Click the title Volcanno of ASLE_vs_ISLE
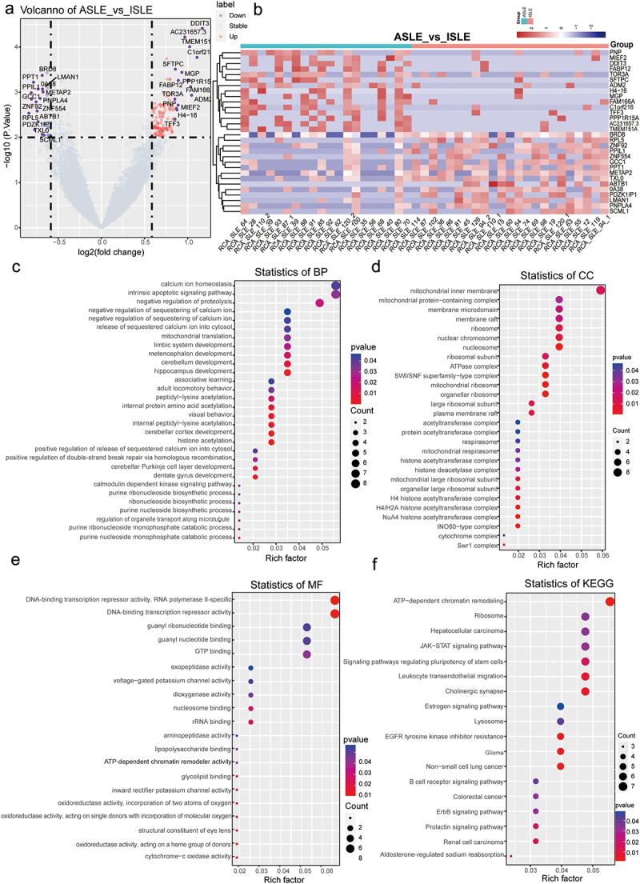(x=70, y=10)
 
